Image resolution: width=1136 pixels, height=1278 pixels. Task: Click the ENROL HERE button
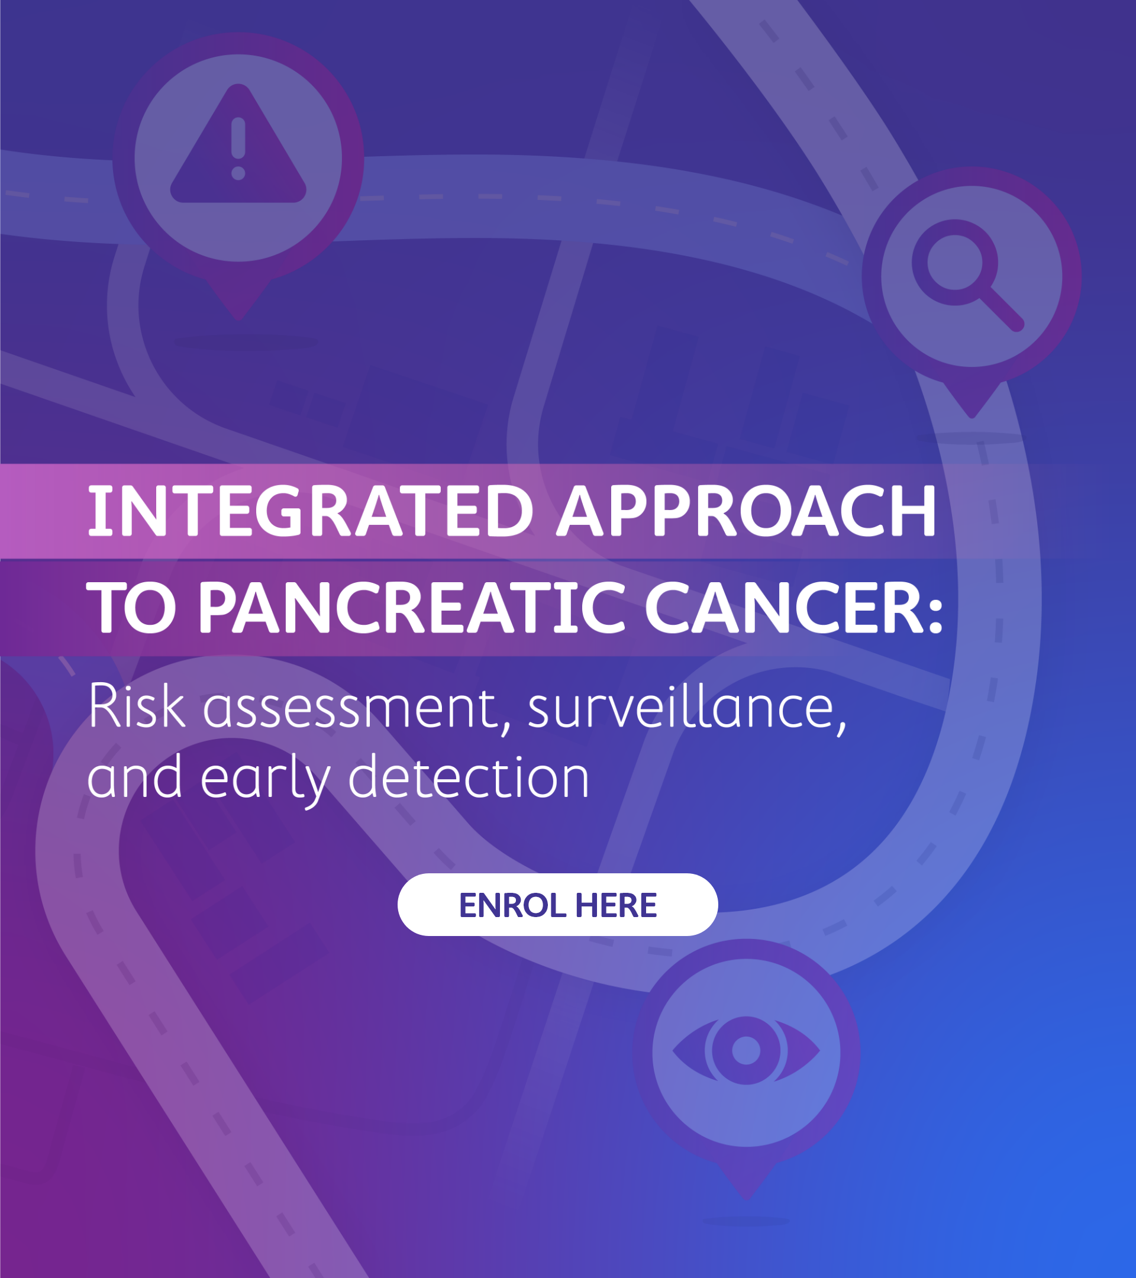point(557,905)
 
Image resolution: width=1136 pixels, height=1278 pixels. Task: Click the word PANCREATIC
point(411,608)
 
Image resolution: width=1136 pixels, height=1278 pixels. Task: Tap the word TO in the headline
point(132,608)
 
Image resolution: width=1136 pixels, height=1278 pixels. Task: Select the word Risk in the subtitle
point(137,706)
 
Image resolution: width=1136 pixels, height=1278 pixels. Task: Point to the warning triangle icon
point(238,147)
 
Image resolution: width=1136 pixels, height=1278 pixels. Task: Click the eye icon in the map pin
point(746,1051)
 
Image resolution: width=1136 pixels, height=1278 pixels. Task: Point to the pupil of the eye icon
point(746,1051)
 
